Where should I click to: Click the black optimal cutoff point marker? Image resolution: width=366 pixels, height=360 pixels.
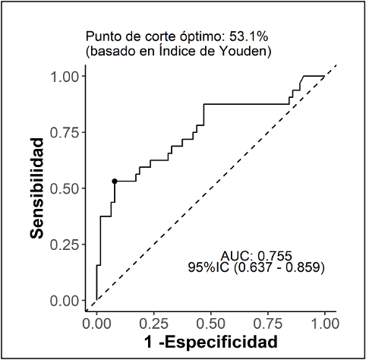(x=115, y=181)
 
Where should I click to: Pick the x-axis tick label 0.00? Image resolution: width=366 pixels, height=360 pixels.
(x=96, y=322)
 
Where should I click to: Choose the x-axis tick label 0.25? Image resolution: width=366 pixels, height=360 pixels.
(x=153, y=322)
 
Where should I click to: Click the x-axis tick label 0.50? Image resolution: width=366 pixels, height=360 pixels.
(x=210, y=322)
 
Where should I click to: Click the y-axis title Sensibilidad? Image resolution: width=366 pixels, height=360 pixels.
(x=37, y=188)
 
